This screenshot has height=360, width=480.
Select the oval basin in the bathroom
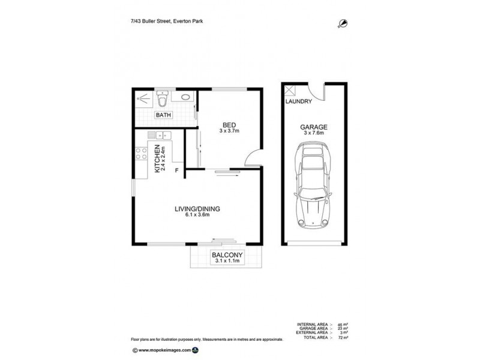tap(183, 97)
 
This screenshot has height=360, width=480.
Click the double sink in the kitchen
tap(161, 135)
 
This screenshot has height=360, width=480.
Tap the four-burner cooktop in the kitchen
tap(142, 154)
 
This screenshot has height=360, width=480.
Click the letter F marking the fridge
tap(176, 171)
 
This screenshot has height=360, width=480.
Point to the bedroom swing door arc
tap(253, 159)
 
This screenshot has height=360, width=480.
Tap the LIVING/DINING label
tap(197, 209)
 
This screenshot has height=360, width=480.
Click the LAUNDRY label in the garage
tap(299, 102)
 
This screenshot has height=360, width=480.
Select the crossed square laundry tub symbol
tap(291, 91)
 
